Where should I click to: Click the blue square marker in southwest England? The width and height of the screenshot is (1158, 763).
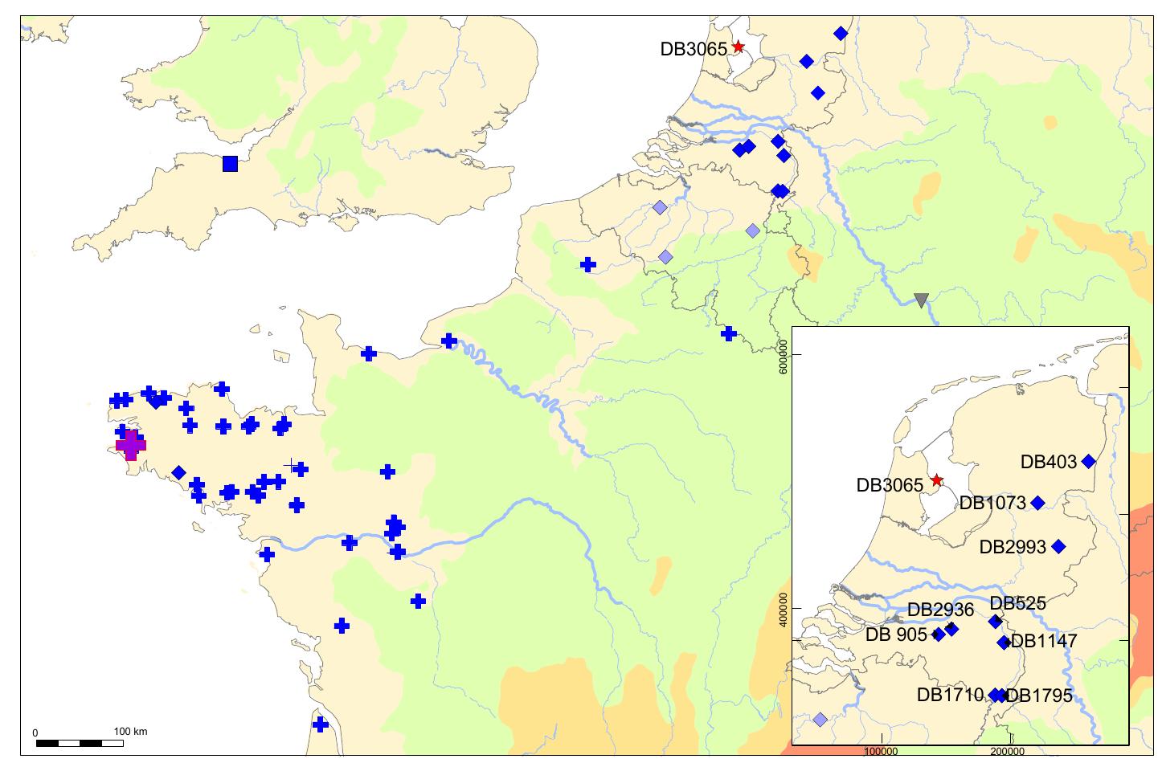230,164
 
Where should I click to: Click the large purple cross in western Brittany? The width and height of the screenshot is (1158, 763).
131,444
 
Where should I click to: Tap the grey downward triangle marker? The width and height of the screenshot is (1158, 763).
921,300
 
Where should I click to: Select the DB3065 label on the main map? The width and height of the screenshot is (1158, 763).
694,49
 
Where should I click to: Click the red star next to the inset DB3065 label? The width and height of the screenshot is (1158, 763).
936,480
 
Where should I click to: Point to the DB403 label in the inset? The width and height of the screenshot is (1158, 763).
1048,462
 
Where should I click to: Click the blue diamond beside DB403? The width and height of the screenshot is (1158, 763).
1089,461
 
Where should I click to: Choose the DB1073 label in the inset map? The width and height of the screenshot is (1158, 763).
992,504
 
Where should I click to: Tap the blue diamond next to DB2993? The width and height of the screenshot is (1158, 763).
1058,547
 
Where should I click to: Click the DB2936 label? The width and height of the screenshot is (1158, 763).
940,610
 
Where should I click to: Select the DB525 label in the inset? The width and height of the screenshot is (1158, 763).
1017,603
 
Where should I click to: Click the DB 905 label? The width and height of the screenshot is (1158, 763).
896,634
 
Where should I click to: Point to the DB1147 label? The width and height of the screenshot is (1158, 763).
1044,641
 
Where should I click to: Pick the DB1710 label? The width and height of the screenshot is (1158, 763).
950,695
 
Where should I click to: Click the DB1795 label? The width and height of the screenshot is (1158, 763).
1039,696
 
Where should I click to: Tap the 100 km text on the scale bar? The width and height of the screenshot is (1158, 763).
130,732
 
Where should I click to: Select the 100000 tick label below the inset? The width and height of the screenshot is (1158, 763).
882,753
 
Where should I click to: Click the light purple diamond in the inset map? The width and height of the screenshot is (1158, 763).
820,719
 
